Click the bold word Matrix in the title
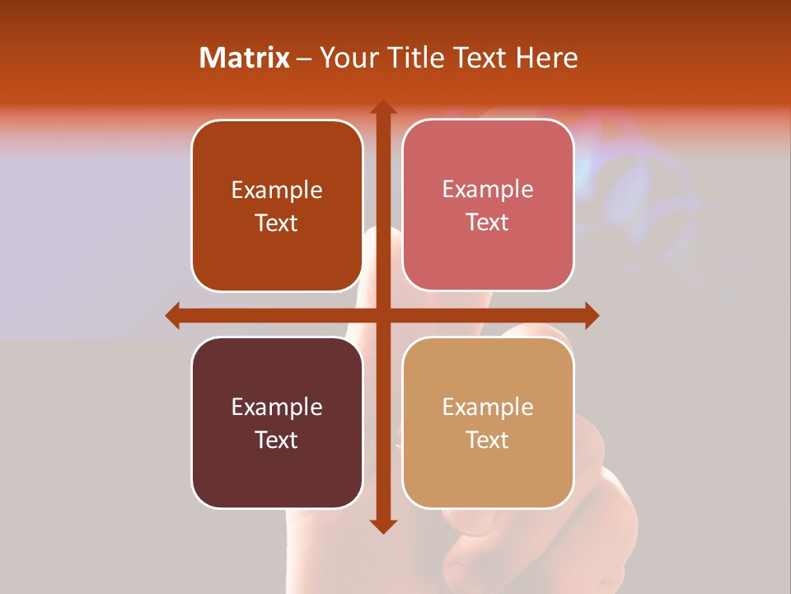[245, 58]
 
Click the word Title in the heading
[419, 58]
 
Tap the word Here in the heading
[547, 58]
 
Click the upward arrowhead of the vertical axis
[382, 108]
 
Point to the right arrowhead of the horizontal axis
[591, 315]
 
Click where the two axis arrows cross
[382, 315]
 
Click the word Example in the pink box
[488, 189]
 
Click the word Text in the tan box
[488, 440]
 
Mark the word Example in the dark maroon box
[277, 407]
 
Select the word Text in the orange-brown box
[277, 223]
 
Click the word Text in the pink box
[488, 222]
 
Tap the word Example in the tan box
[488, 407]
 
